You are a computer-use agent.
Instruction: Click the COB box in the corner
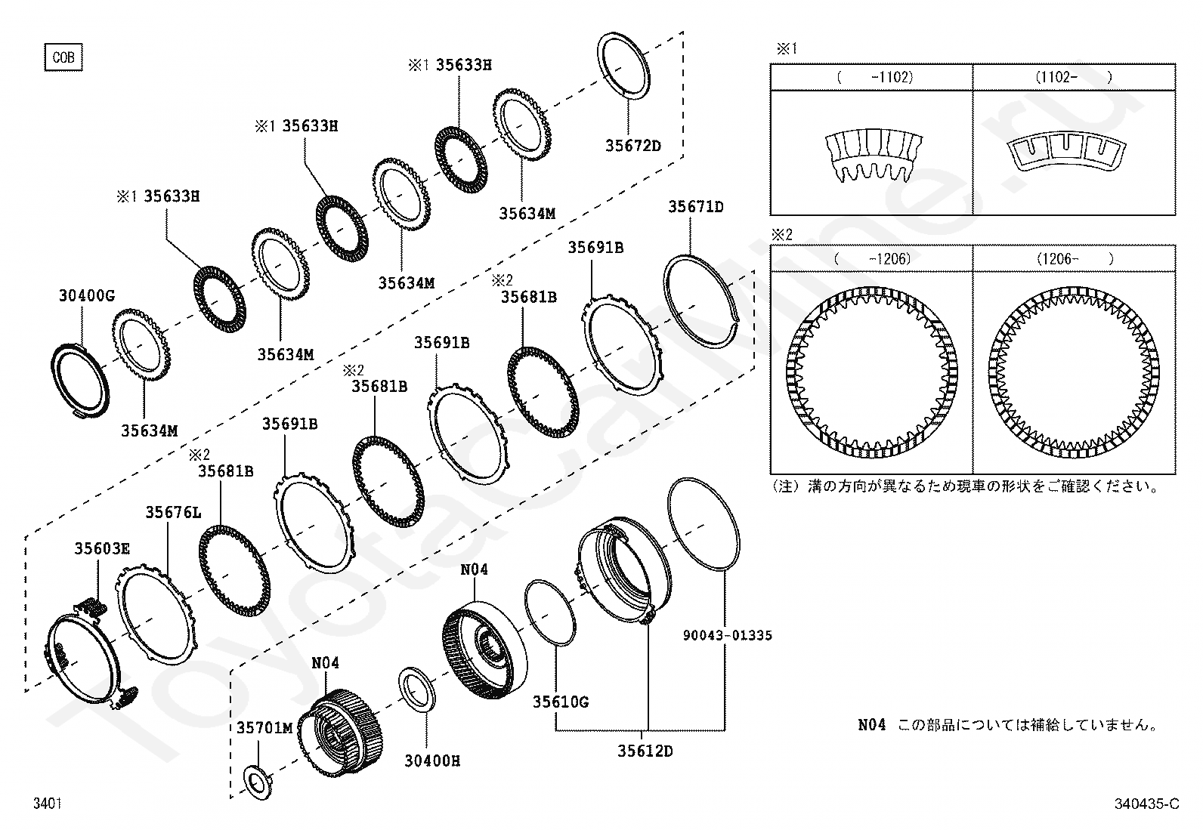(x=63, y=57)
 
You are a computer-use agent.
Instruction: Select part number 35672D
(x=633, y=146)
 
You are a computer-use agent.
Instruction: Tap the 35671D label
(x=696, y=207)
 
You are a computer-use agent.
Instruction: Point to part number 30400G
(x=87, y=295)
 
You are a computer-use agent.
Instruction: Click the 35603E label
(x=102, y=548)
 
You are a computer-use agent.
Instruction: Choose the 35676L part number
(x=174, y=513)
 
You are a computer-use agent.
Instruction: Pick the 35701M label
(x=264, y=727)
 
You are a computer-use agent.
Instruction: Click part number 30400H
(x=432, y=761)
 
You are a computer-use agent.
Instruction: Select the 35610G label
(x=561, y=702)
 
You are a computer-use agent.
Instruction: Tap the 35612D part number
(x=645, y=751)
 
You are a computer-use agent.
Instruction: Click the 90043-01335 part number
(x=728, y=635)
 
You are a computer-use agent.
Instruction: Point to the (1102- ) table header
(x=1074, y=77)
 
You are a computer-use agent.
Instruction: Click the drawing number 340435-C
(x=1146, y=804)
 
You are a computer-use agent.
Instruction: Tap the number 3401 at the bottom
(x=48, y=803)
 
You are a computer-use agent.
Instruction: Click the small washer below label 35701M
(x=258, y=783)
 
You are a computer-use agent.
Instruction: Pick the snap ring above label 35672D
(x=623, y=66)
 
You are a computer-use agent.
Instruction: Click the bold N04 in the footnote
(x=871, y=725)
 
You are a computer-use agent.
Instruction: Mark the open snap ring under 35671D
(x=700, y=302)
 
